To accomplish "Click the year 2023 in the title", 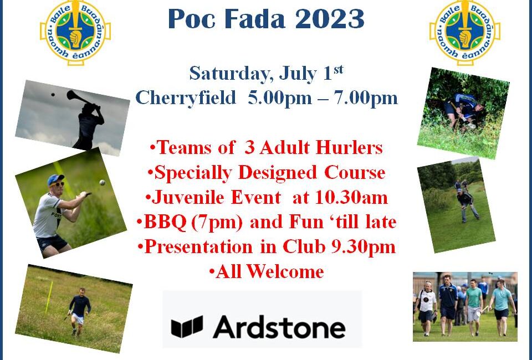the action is (x=329, y=19).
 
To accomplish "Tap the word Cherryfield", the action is (x=186, y=98).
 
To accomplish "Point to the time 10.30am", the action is (x=351, y=197).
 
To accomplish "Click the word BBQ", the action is (x=165, y=223).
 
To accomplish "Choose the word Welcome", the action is (x=285, y=271).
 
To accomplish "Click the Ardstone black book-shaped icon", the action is (x=187, y=327).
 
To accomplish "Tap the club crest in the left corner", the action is (x=75, y=32).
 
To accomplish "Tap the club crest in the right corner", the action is (x=464, y=32).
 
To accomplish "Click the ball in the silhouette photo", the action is (x=53, y=95).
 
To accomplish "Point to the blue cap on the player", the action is (x=55, y=179).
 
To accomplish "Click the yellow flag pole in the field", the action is (x=49, y=297).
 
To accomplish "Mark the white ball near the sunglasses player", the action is (x=102, y=183).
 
